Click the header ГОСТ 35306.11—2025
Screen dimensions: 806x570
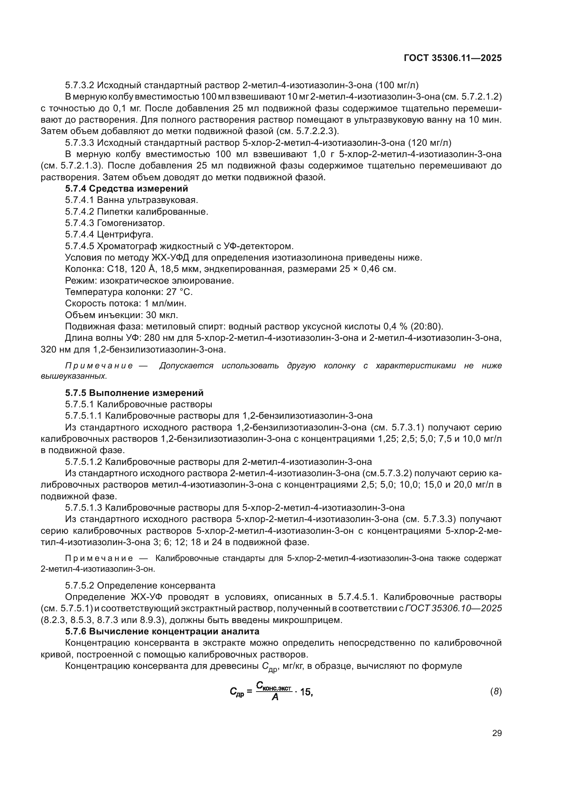[453, 58]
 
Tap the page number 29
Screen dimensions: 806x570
[497, 733]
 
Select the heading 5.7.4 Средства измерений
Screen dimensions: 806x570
[126, 189]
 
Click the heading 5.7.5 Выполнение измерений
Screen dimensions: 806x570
[134, 393]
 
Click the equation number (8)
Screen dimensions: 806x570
[496, 692]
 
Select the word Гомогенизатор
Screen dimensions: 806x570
[131, 223]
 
